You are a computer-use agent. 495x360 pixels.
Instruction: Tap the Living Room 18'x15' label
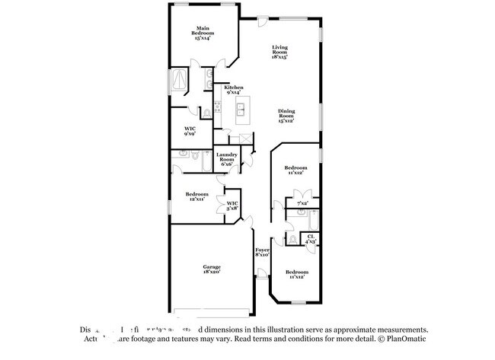[280, 52]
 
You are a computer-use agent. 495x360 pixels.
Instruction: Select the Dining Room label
[286, 116]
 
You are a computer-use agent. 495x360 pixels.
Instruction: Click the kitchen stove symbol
[218, 107]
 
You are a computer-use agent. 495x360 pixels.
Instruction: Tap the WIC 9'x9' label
[190, 132]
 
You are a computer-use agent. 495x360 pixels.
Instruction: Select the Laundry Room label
[228, 159]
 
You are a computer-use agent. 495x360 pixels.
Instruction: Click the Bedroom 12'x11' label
[196, 196]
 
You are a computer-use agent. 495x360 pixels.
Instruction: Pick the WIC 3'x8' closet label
[232, 205]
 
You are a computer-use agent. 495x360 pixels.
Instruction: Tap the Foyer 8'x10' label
[262, 252]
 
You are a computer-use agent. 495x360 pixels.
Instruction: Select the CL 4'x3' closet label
[311, 239]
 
